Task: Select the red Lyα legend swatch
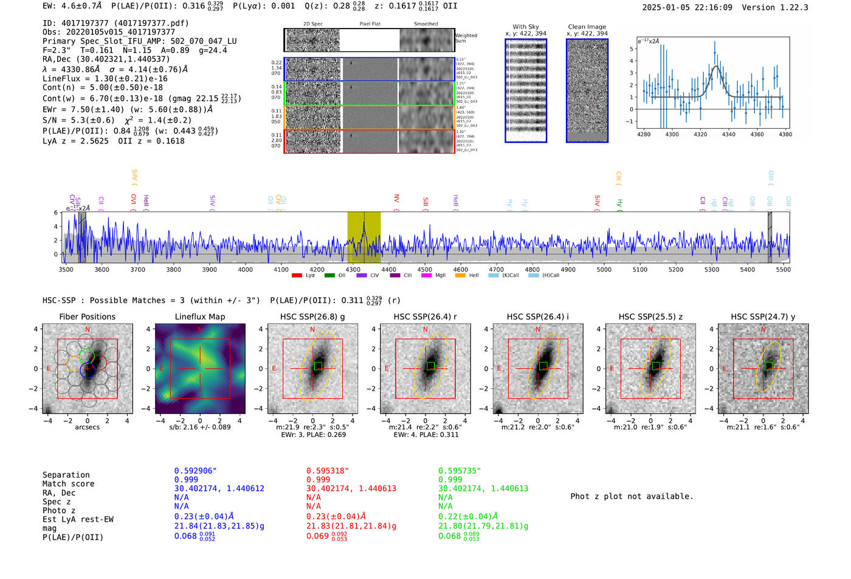297,276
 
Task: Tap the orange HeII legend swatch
460,276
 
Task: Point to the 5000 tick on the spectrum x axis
604,270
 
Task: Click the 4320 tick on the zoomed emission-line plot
700,134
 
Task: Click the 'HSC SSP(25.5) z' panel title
650,317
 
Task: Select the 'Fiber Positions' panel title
87,317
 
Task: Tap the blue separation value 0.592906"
195,471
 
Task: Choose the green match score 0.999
450,480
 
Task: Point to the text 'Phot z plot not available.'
632,496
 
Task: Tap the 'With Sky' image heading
526,27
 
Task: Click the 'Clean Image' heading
587,27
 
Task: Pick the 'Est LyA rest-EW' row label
78,519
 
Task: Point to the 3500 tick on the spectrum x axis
66,270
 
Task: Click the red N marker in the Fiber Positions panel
88,330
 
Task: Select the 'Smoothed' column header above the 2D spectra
425,24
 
